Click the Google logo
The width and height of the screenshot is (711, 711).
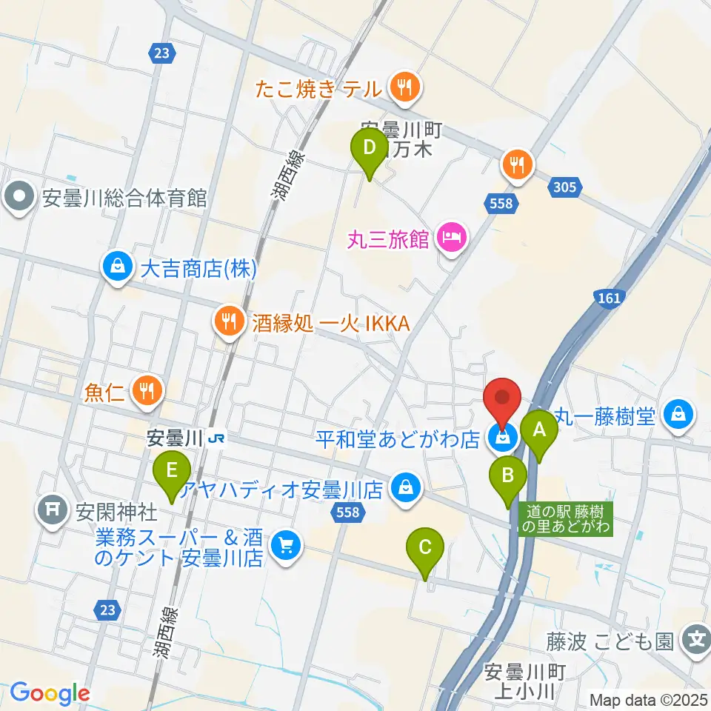[50, 692]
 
